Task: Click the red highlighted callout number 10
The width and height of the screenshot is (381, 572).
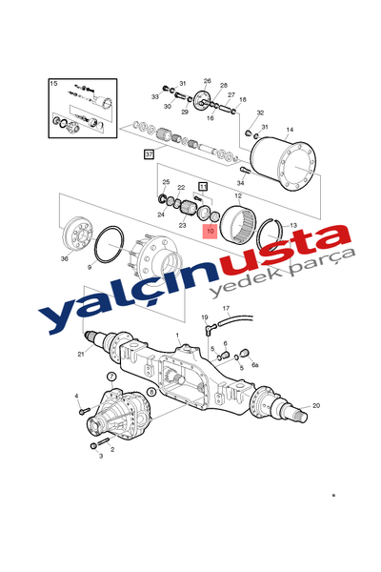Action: [210, 232]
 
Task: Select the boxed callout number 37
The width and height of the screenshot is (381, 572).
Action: [149, 153]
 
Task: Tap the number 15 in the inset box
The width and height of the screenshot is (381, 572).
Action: [53, 84]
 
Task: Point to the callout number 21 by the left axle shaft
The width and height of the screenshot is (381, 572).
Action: [80, 355]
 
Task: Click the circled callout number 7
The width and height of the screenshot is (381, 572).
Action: [111, 377]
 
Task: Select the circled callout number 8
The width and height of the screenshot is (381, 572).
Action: [150, 392]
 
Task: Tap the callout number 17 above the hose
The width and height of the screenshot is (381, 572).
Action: [226, 308]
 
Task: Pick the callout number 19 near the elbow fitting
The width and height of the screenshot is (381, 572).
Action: [204, 317]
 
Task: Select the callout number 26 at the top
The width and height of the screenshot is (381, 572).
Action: [207, 81]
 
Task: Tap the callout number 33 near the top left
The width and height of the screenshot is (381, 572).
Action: [154, 97]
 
